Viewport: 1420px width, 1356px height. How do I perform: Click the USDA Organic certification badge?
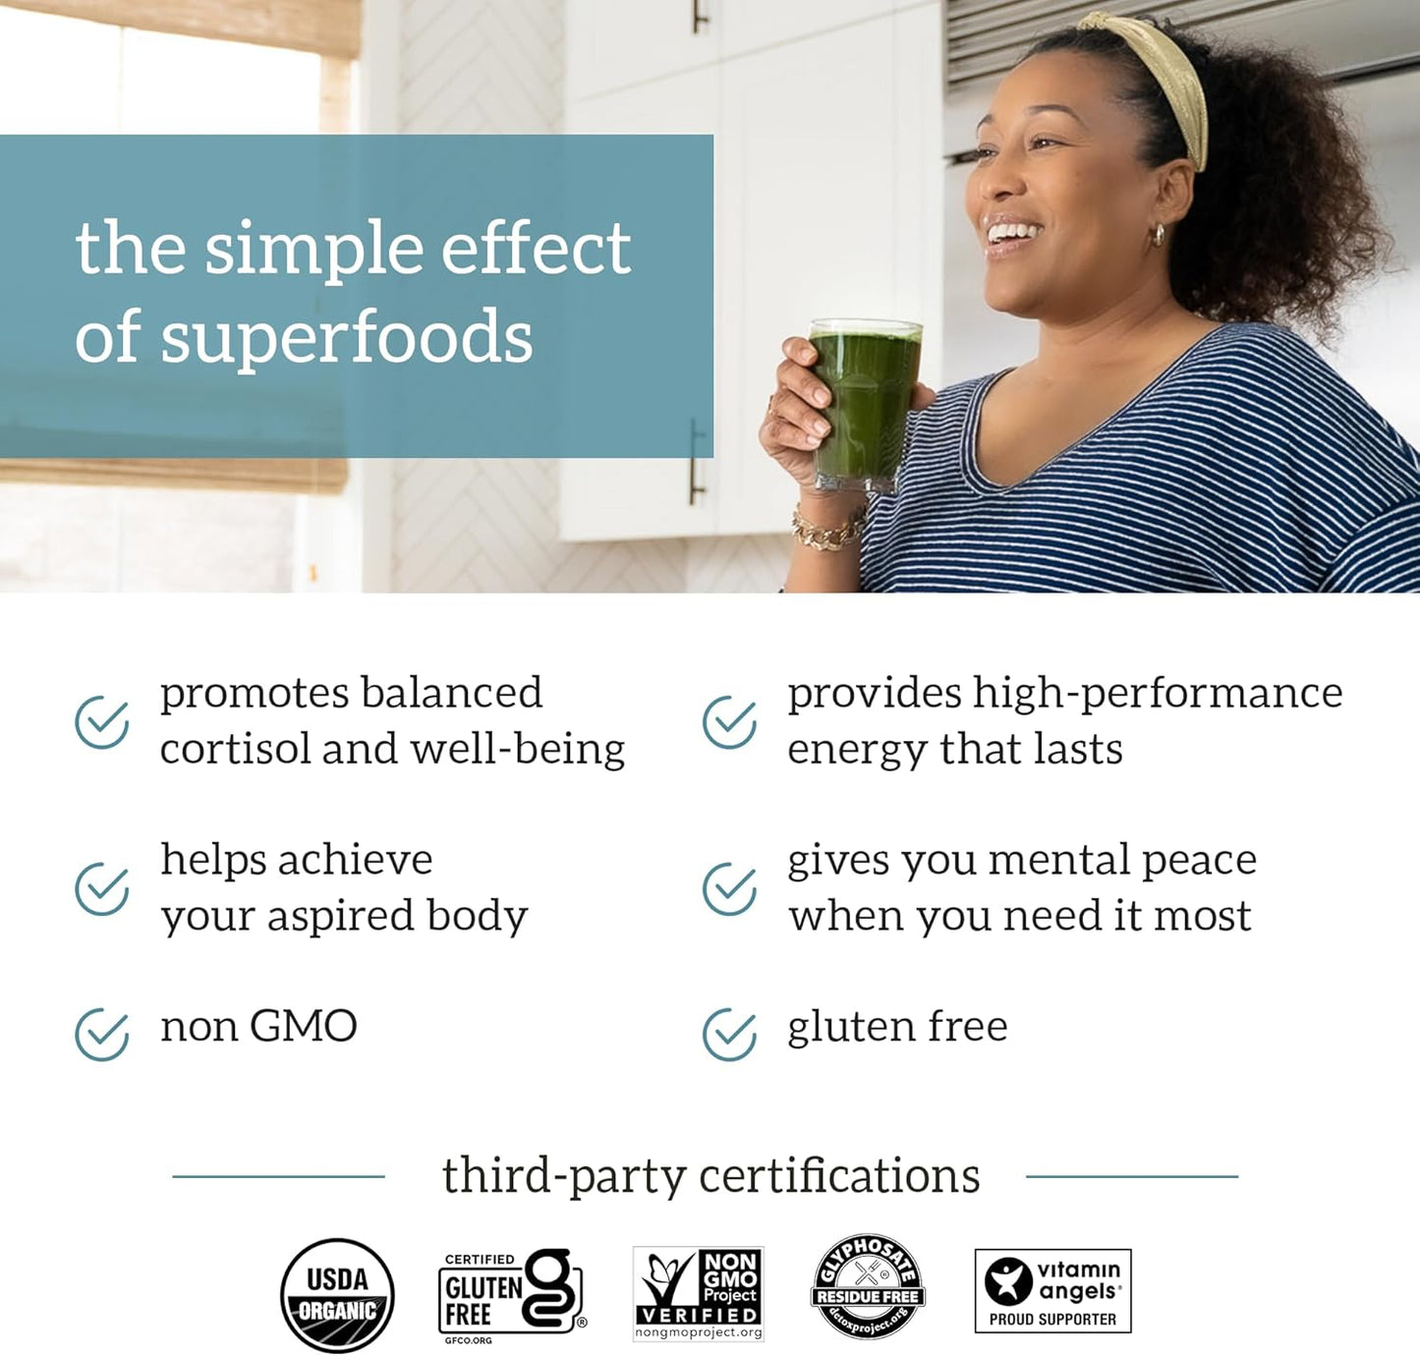point(337,1294)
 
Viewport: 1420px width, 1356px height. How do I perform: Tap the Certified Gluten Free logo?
point(510,1294)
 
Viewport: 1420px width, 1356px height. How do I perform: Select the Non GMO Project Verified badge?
point(698,1293)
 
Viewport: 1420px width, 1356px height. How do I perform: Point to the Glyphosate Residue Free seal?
point(868,1287)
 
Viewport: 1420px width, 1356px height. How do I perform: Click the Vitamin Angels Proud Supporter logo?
point(1052,1290)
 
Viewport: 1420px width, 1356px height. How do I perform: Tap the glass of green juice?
point(864,403)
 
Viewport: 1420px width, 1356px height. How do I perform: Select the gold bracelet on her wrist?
point(827,531)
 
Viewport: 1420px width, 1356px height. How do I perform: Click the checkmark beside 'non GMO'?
point(102,1034)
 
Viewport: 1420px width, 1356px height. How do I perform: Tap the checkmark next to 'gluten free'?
point(729,1034)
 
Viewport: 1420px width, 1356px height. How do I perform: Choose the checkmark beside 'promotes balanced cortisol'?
point(102,722)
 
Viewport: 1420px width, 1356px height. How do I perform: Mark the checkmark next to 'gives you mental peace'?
point(729,889)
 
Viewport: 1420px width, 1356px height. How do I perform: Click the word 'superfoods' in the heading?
point(346,338)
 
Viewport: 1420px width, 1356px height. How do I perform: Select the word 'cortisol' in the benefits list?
point(234,750)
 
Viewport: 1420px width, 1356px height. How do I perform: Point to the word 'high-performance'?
point(1158,694)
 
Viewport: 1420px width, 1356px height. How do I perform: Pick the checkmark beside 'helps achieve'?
point(102,889)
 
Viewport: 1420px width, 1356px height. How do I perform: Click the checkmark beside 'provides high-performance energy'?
point(729,722)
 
